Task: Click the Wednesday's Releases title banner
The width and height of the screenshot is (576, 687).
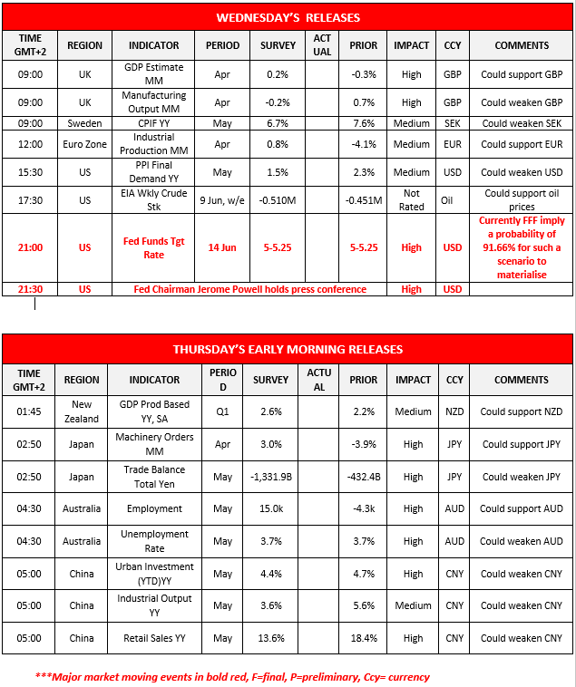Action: pyautogui.click(x=288, y=17)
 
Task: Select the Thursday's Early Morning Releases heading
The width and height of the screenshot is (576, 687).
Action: pyautogui.click(x=288, y=349)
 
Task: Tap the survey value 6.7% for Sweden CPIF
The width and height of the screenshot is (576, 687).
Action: pyautogui.click(x=278, y=123)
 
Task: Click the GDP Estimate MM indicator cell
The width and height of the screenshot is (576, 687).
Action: pyautogui.click(x=153, y=74)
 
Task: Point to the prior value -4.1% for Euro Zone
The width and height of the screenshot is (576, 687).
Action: pyautogui.click(x=364, y=144)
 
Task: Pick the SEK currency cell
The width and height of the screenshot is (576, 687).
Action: pyautogui.click(x=452, y=123)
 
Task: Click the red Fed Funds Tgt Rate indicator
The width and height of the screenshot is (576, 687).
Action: pyautogui.click(x=153, y=247)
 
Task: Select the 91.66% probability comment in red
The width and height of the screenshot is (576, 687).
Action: pyautogui.click(x=522, y=247)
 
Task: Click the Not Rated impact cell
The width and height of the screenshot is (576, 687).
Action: pyautogui.click(x=412, y=200)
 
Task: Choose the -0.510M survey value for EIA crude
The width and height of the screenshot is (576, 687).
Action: pyautogui.click(x=278, y=200)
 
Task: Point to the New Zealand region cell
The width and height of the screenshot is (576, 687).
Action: pyautogui.click(x=82, y=411)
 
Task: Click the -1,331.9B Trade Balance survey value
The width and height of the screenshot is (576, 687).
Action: pyautogui.click(x=278, y=477)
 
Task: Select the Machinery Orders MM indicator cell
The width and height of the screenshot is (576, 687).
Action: pyautogui.click(x=153, y=444)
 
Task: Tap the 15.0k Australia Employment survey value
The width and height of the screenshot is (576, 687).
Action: pyautogui.click(x=278, y=508)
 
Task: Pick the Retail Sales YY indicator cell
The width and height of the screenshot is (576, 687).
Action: pyautogui.click(x=153, y=638)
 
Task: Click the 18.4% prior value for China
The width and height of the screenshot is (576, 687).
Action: pyautogui.click(x=364, y=638)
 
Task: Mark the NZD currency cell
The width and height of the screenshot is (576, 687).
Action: pyautogui.click(x=452, y=411)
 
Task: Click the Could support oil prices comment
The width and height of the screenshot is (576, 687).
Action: pyautogui.click(x=522, y=200)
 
